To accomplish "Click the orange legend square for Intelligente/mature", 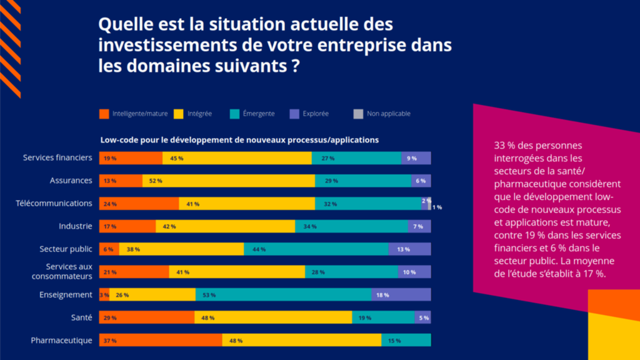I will click(104, 114).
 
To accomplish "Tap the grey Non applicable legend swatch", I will click(357, 114).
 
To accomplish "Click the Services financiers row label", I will click(57, 157).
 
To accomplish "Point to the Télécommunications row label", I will click(54, 203).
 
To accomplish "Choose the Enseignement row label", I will click(66, 294).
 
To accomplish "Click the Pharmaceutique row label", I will click(61, 340).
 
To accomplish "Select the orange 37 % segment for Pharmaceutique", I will click(161, 340).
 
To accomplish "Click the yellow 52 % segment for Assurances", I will click(229, 181).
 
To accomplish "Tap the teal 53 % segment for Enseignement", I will click(283, 294).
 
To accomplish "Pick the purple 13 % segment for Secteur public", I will click(409, 249).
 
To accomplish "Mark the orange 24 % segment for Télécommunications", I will click(139, 203).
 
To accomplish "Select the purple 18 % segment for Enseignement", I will click(401, 294).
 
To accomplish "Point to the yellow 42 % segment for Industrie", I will click(225, 226).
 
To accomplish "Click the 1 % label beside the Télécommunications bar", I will click(437, 207).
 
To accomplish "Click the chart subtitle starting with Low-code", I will click(239, 139).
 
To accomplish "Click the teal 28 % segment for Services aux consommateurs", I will click(351, 272).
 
